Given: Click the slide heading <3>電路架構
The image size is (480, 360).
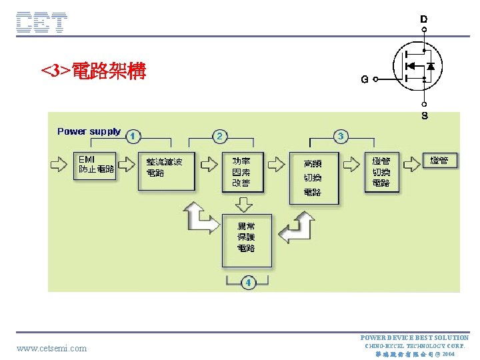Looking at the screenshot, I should tap(93, 71).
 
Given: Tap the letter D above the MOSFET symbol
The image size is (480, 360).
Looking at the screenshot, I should tap(424, 19).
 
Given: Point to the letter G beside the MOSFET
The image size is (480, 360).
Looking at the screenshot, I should tap(365, 79).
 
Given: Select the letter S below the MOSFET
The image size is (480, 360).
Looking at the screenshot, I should tap(425, 116).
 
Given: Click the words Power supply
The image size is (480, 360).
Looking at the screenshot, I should tap(89, 131).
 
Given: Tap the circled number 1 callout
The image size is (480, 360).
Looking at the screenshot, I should tap(133, 136).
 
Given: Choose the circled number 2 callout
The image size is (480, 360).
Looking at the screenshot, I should tap(219, 136).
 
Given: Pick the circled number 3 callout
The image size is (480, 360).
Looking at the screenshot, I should tap(341, 136).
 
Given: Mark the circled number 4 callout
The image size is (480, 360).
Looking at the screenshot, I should tap(248, 283).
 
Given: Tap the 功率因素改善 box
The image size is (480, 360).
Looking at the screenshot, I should tap(243, 172).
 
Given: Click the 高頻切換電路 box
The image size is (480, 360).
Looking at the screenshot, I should tap(313, 177).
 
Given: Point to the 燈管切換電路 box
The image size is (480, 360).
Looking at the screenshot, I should tap(382, 172).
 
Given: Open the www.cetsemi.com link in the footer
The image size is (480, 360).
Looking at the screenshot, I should tap(52, 348).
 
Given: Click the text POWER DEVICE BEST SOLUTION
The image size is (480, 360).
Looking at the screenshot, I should tap(414, 338).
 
